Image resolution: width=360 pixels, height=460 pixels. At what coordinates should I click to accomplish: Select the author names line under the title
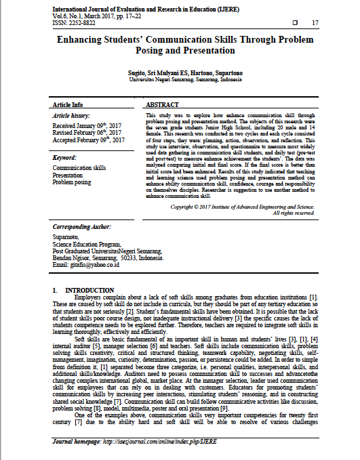(180, 71)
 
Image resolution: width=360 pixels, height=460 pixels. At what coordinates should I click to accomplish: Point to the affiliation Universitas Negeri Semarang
(180, 79)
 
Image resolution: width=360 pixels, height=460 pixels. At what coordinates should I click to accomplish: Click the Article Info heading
(68, 105)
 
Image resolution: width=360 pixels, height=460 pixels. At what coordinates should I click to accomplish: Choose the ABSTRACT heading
(162, 105)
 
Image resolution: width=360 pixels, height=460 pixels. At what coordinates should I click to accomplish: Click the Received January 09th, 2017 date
(87, 126)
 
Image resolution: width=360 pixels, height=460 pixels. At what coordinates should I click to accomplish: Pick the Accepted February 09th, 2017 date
(88, 140)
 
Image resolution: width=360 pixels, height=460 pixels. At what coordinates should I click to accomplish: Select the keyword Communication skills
(79, 167)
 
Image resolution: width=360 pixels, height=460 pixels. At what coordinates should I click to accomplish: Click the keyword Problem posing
(71, 182)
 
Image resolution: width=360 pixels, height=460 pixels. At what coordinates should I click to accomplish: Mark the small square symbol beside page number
(294, 24)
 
